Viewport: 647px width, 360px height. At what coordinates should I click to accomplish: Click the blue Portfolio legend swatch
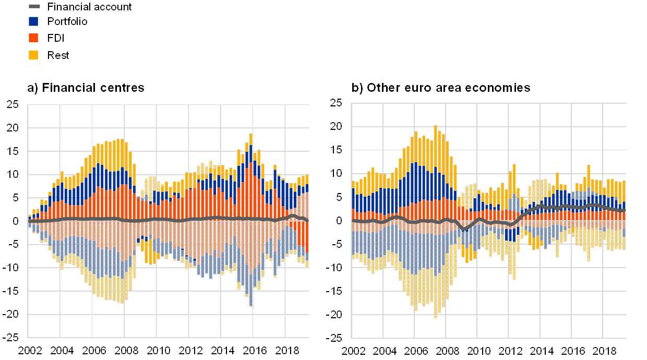(x=33, y=21)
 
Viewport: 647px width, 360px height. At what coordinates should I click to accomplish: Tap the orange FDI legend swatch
(x=33, y=38)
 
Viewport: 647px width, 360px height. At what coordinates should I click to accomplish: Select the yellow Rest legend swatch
(x=33, y=55)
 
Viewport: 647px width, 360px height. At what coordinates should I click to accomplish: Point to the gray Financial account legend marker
(x=33, y=6)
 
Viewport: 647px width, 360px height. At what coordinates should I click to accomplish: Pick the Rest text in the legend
(x=59, y=55)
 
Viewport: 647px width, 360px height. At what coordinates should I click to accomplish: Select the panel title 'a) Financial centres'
(x=86, y=88)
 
